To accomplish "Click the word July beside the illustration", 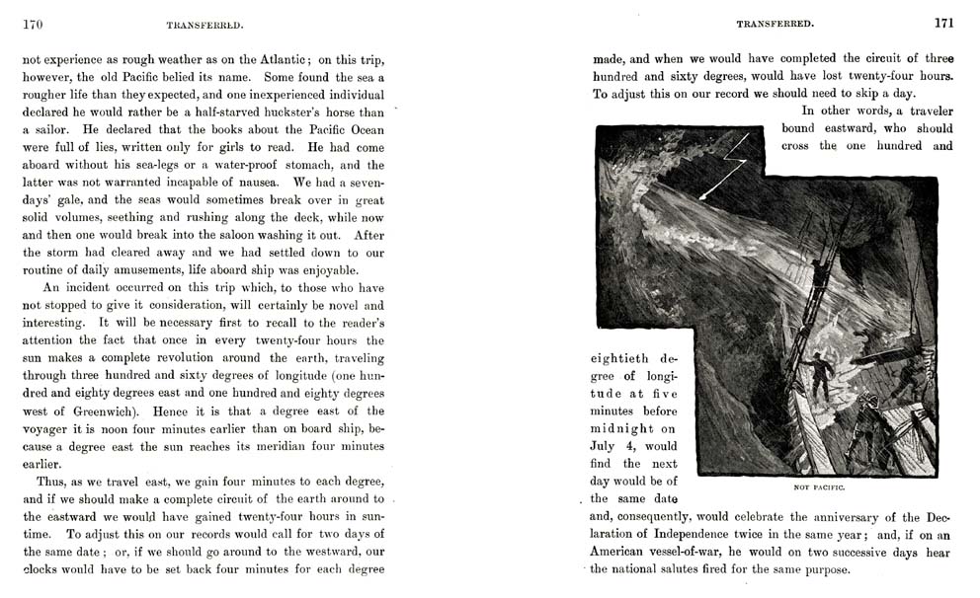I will pos(605,445).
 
